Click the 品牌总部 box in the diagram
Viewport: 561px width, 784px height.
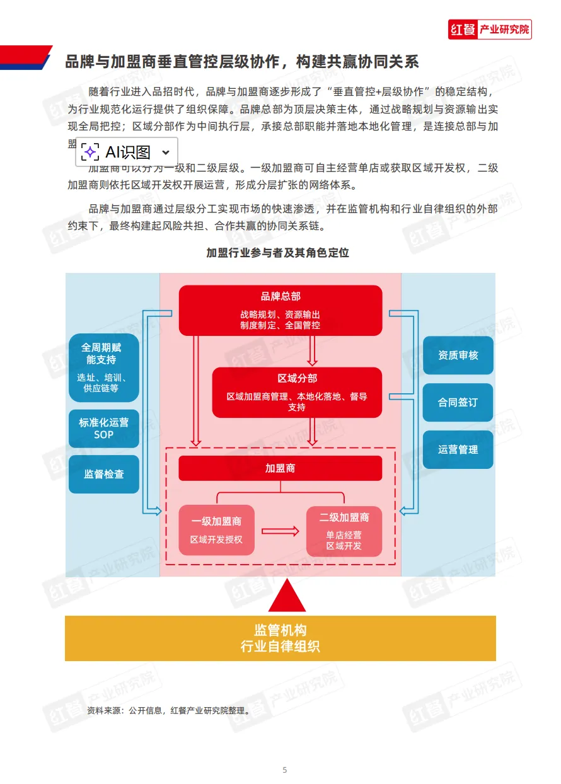point(280,310)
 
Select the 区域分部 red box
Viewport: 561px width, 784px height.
point(297,392)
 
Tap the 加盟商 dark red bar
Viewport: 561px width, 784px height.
point(280,468)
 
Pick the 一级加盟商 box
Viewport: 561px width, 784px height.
point(216,530)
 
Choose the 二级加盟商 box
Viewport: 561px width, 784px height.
point(344,531)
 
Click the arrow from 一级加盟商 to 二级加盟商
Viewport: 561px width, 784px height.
point(280,531)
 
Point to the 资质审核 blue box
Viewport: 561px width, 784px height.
point(458,355)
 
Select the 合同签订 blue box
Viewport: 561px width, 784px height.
point(458,402)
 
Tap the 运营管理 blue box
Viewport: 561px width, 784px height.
point(458,449)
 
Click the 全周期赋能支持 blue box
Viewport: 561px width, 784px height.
point(103,367)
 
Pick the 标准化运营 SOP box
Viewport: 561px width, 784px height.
point(103,428)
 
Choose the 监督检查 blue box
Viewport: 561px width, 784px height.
point(103,474)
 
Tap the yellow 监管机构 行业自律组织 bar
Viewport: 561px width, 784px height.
point(280,638)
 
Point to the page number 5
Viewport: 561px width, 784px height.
point(284,770)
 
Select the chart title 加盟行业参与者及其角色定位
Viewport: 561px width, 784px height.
point(277,253)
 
